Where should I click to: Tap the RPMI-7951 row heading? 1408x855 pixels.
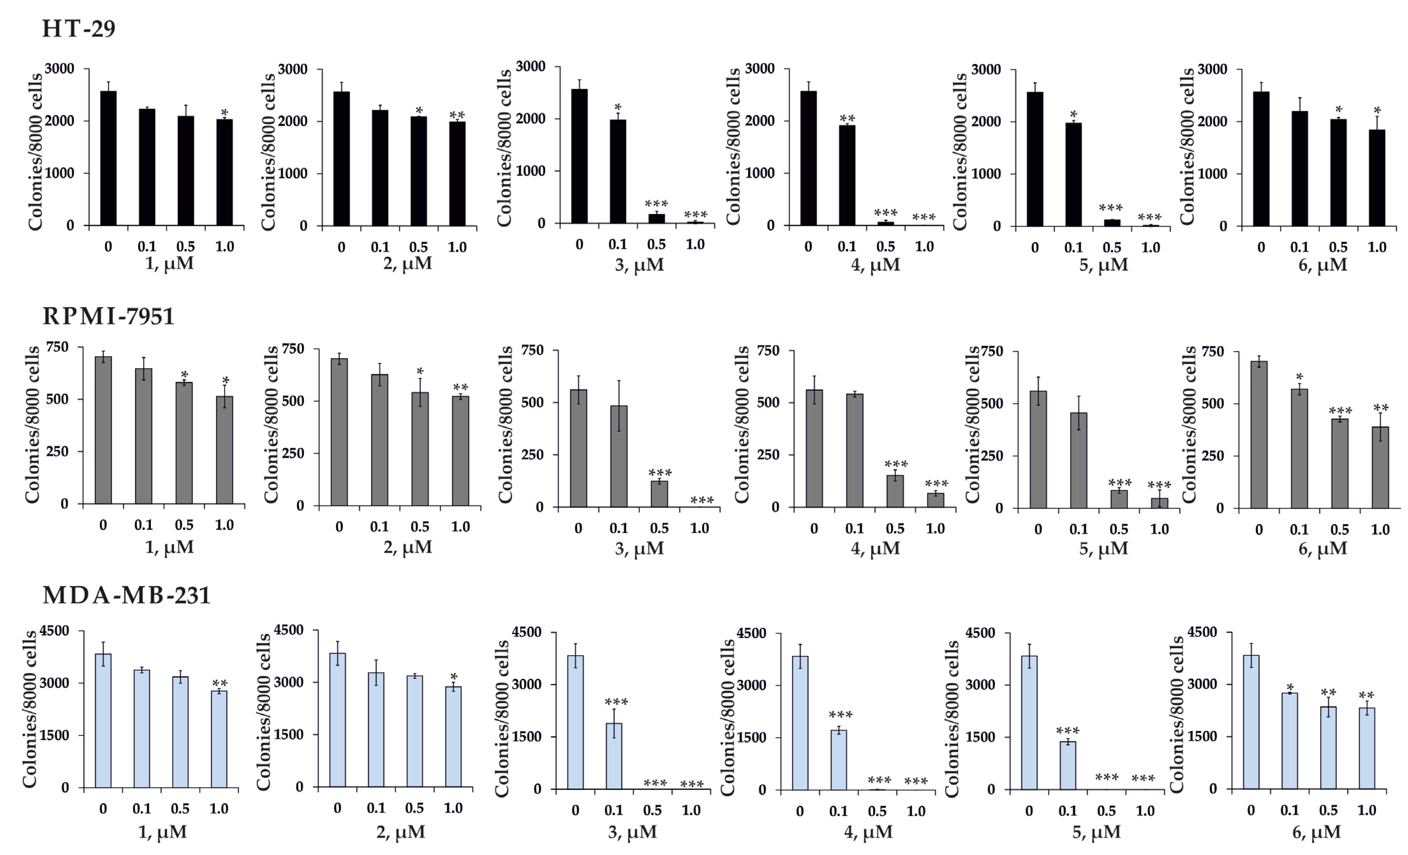point(108,316)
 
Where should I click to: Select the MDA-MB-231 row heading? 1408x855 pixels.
point(127,596)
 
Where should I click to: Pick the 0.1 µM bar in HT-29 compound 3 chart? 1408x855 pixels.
point(618,171)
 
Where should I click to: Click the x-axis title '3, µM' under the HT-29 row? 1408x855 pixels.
point(639,265)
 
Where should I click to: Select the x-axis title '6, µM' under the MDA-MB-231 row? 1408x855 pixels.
point(1316,832)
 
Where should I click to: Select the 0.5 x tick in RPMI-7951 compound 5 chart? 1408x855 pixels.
point(1119,529)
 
